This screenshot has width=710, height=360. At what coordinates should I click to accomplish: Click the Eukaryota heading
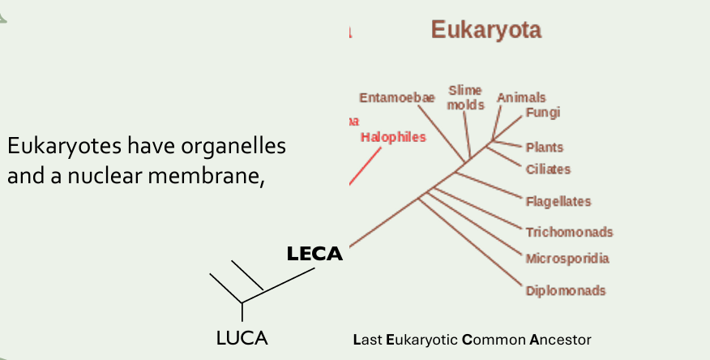485,30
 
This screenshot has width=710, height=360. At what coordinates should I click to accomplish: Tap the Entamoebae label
397,98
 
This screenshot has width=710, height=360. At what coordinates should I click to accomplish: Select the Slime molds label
465,97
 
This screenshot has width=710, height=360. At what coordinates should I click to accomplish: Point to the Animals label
521,97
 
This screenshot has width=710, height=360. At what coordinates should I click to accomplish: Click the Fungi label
542,113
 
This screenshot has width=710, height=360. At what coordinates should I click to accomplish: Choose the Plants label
544,148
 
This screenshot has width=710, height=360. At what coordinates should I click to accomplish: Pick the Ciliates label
548,169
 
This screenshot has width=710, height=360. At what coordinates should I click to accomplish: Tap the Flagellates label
558,201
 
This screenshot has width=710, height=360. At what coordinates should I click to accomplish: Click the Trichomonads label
569,232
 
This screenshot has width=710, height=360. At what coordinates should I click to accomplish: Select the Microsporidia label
567,259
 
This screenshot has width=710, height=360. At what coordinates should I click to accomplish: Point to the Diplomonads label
565,290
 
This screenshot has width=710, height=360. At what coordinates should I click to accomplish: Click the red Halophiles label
393,137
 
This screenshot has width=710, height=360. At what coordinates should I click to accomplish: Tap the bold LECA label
314,255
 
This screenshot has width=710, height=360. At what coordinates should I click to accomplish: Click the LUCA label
242,339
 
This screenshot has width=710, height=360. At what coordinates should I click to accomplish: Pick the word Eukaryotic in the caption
423,339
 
